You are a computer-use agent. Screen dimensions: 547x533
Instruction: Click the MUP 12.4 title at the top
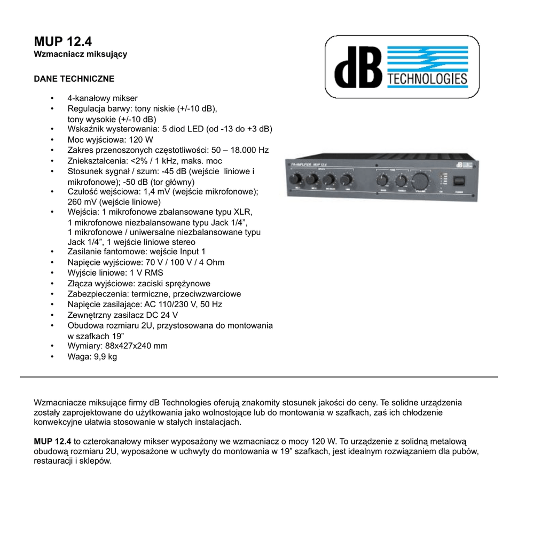click(x=62, y=42)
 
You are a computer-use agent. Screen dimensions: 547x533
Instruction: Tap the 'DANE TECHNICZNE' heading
click(x=74, y=79)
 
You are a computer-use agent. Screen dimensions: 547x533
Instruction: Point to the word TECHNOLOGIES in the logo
click(x=427, y=80)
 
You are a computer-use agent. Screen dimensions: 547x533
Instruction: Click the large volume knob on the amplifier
click(x=420, y=179)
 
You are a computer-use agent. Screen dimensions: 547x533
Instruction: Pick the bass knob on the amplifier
click(x=383, y=180)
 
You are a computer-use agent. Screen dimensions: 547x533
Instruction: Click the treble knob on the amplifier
click(x=401, y=180)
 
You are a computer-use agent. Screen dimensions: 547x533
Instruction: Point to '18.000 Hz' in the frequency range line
click(x=249, y=150)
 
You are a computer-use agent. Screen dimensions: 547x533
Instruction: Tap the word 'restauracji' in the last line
click(x=53, y=461)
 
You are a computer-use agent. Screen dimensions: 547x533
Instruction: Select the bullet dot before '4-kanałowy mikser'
click(x=52, y=98)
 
